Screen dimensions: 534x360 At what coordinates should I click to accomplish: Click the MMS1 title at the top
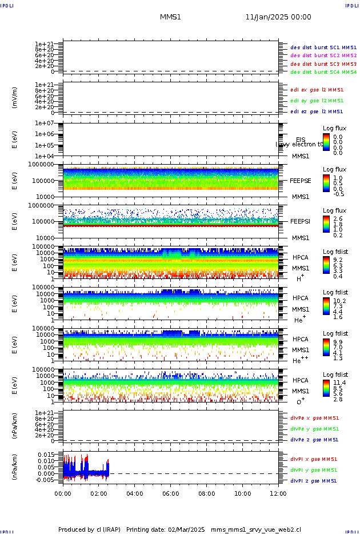click(x=170, y=17)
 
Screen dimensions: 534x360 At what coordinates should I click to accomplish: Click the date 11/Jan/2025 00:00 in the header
click(x=278, y=17)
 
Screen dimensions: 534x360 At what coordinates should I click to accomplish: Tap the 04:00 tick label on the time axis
click(x=135, y=493)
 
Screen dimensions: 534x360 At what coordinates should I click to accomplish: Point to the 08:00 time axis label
click(x=207, y=493)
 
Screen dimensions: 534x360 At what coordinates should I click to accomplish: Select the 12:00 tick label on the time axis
click(x=278, y=493)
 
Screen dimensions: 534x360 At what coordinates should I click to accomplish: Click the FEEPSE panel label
click(x=301, y=181)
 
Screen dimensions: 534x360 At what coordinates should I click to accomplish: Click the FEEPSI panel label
click(x=301, y=221)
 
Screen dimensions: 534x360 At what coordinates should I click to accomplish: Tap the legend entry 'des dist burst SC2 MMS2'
click(x=323, y=55)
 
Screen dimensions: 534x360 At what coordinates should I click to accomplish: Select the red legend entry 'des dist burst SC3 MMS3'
click(x=323, y=64)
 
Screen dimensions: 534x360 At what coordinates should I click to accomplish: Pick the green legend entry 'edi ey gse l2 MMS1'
click(x=317, y=101)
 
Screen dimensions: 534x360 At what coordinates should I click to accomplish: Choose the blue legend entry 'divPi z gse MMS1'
click(x=314, y=481)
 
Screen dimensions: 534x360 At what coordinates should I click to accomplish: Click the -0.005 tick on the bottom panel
click(x=46, y=480)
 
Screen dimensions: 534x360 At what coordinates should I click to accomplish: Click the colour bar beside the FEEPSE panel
click(x=326, y=183)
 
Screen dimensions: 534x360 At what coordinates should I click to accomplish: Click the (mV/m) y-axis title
click(x=15, y=98)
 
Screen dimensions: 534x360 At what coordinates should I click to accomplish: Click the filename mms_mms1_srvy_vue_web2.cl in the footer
click(x=256, y=530)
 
